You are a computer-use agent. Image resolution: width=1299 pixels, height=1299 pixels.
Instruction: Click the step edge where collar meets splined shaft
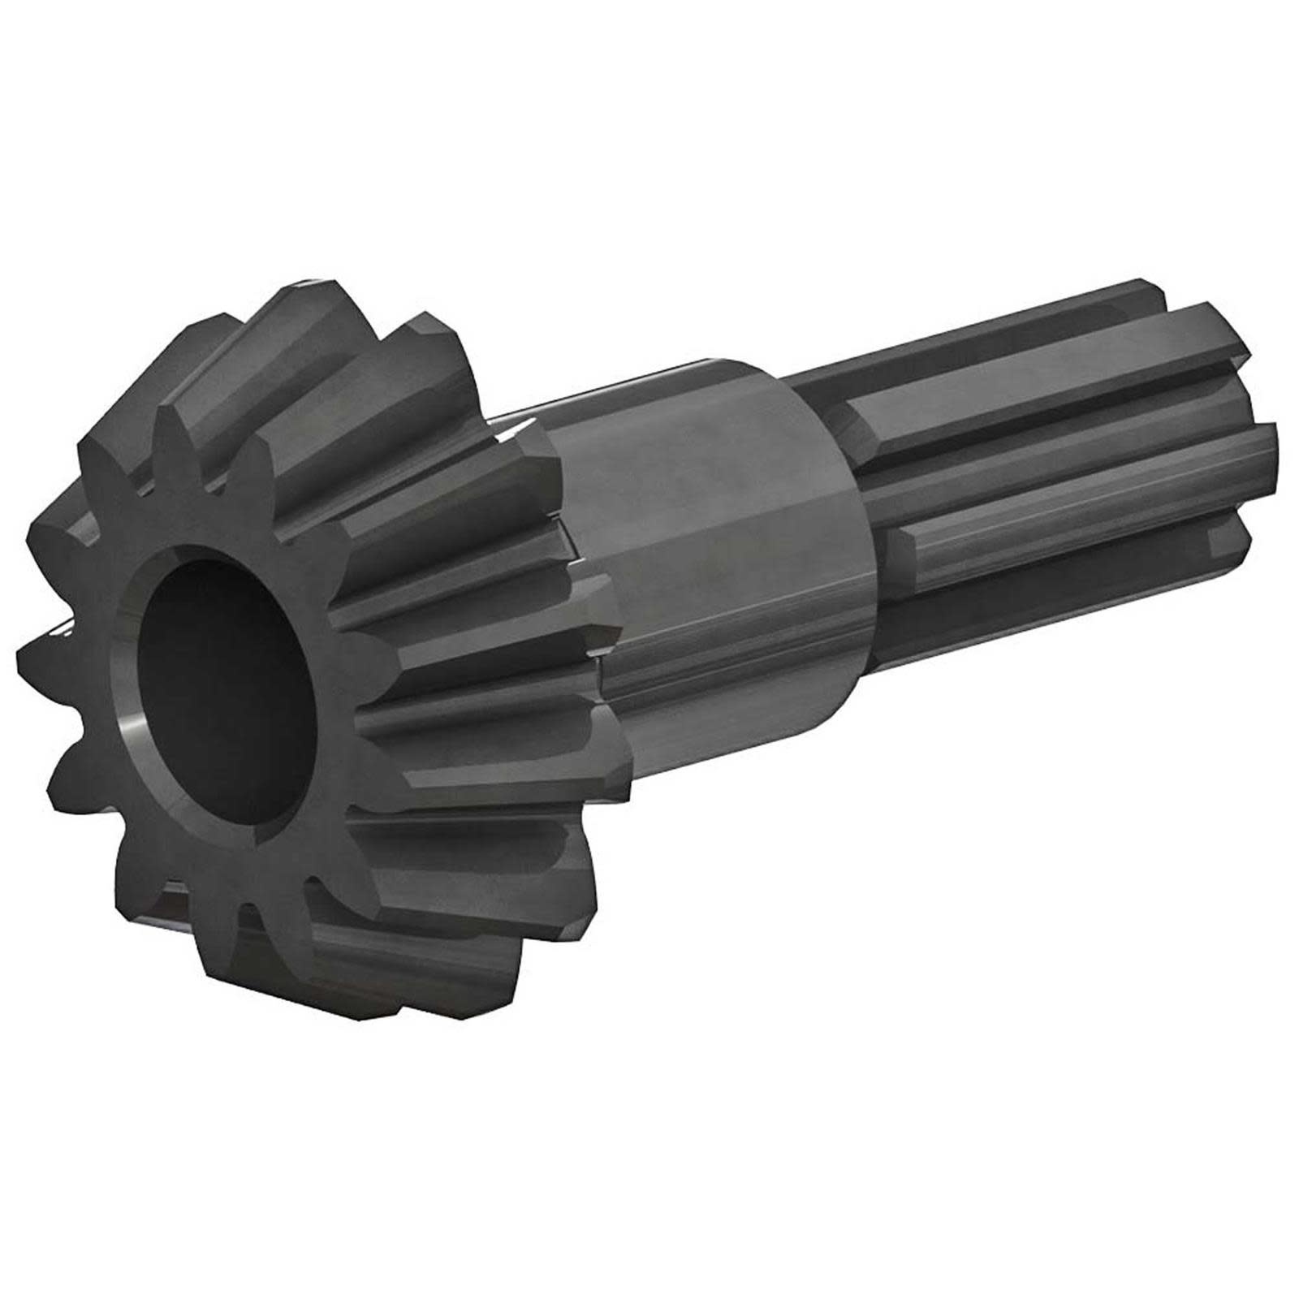pos(852,568)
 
